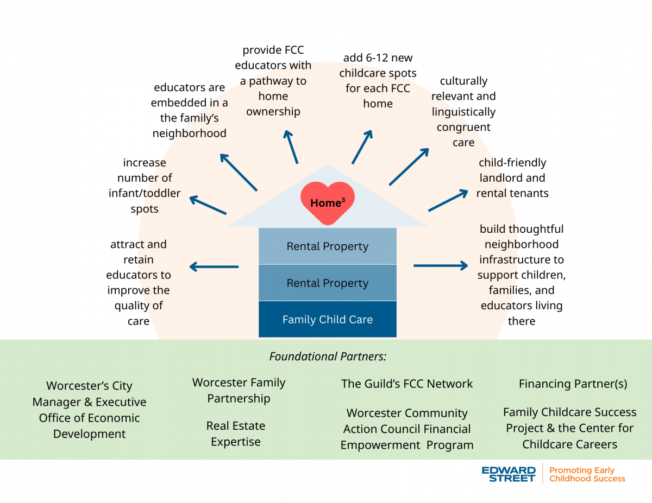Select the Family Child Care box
[x=327, y=320]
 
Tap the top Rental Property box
[x=327, y=246]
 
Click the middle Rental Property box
[x=327, y=283]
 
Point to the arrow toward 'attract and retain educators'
[x=214, y=266]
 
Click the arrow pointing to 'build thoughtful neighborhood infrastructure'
[x=441, y=265]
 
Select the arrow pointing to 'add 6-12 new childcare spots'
[x=362, y=147]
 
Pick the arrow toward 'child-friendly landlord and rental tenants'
[x=448, y=200]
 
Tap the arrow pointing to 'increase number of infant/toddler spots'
[x=208, y=205]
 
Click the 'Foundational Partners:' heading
[x=328, y=356]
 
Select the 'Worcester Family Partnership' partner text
[x=239, y=390]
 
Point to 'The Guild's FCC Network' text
[x=407, y=384]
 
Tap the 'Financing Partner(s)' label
[x=573, y=384]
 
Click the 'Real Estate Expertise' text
[x=235, y=434]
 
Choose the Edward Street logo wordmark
[x=509, y=474]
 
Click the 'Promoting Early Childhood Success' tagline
[x=587, y=474]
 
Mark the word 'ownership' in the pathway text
[x=273, y=111]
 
